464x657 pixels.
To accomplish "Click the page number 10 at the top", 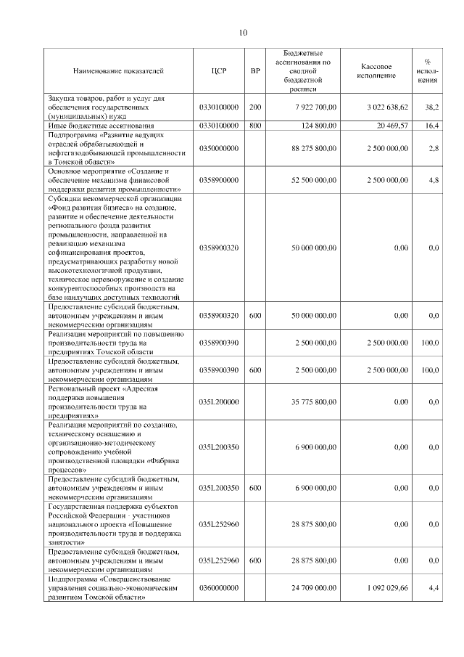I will [244, 32].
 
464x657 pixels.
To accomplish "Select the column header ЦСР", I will [219, 71].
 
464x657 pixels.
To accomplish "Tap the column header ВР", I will [255, 71].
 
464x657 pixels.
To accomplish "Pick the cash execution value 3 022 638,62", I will [388, 107].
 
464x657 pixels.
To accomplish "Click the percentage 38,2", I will [431, 107].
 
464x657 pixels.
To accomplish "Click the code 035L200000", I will [219, 401].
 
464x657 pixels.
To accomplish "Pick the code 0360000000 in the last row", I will [219, 588].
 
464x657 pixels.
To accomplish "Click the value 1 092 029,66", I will [388, 588].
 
